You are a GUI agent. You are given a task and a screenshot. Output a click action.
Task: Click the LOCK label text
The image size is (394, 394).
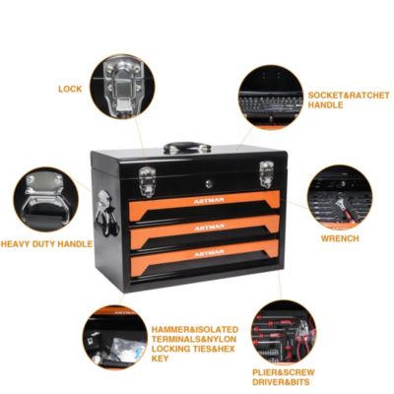point(70,89)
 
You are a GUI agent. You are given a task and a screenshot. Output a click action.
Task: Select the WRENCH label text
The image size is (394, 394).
point(339,237)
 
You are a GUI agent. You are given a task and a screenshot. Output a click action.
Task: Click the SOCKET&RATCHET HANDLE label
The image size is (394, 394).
point(347,100)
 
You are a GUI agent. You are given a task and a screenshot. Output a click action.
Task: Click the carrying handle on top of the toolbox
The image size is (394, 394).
point(187,148)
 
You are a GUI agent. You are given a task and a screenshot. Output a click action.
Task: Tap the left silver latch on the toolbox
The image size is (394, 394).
point(147,180)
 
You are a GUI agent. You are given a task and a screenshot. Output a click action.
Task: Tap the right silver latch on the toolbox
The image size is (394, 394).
point(265,173)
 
